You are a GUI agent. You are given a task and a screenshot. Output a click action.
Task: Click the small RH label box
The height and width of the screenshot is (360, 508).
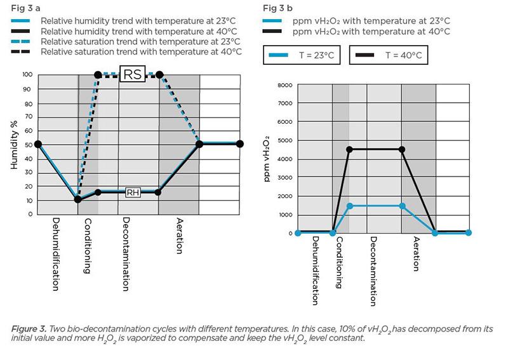(132, 192)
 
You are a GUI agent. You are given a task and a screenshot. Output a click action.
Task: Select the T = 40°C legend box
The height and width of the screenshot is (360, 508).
(387, 56)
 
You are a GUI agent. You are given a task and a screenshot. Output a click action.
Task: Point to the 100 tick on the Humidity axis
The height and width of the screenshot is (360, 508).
(27, 75)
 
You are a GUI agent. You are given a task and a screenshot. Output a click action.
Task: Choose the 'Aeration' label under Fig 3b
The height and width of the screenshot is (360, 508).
(417, 254)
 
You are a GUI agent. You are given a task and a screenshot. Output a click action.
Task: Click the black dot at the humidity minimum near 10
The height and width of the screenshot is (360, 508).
(77, 199)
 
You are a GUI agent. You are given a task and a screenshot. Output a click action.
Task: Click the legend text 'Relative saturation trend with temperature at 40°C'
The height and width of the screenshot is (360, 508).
(138, 50)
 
